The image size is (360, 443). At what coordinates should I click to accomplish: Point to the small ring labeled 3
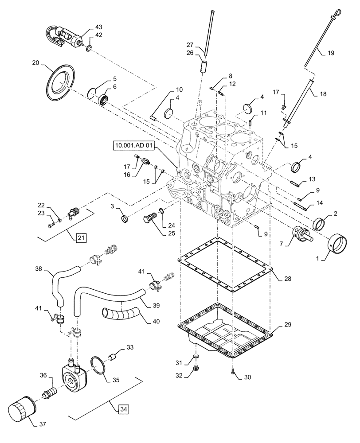(125, 218)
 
